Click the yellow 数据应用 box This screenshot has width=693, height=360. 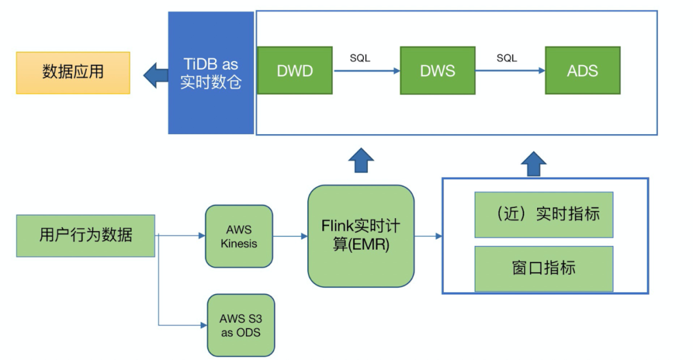(x=73, y=73)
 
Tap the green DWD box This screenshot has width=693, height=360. (x=295, y=70)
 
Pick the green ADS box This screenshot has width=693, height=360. (x=583, y=70)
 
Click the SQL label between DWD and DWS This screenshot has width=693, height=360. (x=360, y=58)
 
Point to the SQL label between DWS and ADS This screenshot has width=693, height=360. (x=506, y=58)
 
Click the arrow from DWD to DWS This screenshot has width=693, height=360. (x=366, y=71)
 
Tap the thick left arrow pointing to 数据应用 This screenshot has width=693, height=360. (x=155, y=74)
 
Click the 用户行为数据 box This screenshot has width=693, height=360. (x=85, y=236)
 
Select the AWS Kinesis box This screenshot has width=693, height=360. (x=239, y=236)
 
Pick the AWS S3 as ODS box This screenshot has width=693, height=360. (x=241, y=325)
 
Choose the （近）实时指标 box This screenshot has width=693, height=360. (x=543, y=214)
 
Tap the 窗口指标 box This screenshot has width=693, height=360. (x=543, y=268)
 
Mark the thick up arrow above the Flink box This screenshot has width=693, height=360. (x=361, y=160)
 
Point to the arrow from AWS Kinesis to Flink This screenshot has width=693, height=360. (x=290, y=236)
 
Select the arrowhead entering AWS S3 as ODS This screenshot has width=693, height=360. (x=203, y=325)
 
